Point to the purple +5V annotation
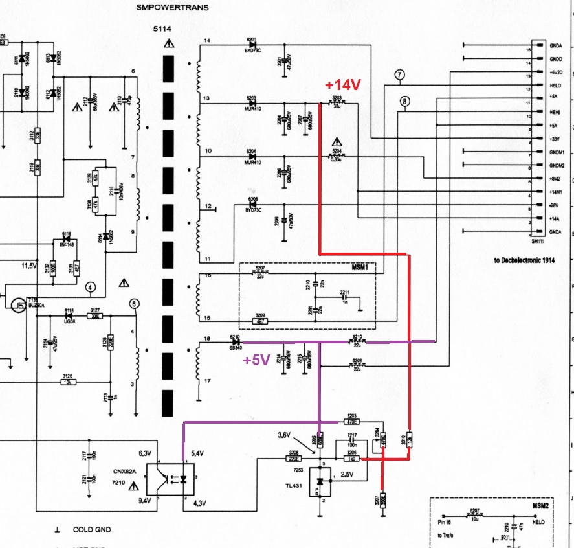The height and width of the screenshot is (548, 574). (x=256, y=361)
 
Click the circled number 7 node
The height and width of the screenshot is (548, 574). (x=400, y=75)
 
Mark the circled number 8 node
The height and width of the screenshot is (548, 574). (x=405, y=101)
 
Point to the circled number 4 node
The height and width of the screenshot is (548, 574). (x=91, y=287)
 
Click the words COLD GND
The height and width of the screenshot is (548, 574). (x=92, y=530)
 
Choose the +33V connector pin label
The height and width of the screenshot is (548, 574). (x=555, y=138)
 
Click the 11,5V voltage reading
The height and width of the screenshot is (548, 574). (x=30, y=266)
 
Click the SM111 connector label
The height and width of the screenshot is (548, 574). (x=536, y=241)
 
